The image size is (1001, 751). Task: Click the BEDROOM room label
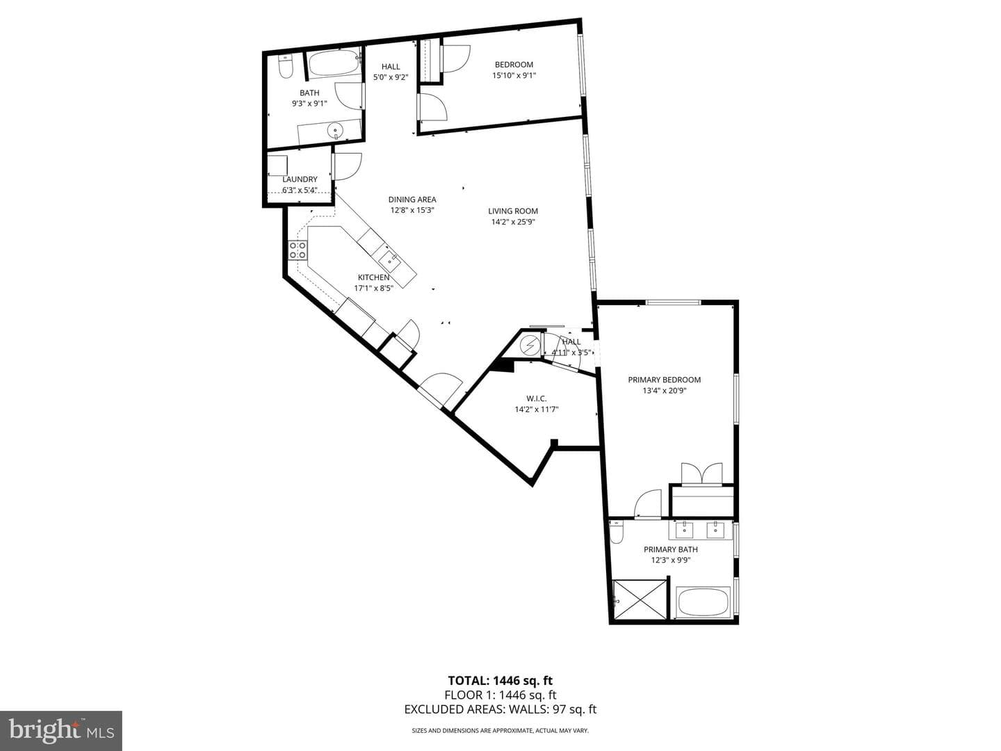[514, 65]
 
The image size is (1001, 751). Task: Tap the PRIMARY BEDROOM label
[664, 380]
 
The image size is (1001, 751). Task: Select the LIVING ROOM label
[513, 211]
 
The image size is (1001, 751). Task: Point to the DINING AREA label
[412, 200]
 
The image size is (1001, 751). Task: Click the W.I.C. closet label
[536, 398]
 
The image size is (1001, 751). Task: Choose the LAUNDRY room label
[300, 179]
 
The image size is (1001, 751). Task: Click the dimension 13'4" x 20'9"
[664, 391]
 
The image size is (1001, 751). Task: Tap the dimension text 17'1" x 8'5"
[373, 288]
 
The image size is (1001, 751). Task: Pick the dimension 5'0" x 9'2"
[391, 77]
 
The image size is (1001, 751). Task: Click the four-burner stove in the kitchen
[298, 251]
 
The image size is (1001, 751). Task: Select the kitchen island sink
[390, 260]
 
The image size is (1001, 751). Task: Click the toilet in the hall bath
[285, 67]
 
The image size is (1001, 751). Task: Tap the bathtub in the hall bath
[334, 63]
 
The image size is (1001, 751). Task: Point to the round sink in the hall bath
[336, 132]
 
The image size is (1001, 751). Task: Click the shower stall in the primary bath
[640, 599]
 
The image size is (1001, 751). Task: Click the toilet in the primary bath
[617, 533]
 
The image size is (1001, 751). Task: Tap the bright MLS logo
[61, 730]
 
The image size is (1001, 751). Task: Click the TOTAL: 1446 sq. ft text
[500, 681]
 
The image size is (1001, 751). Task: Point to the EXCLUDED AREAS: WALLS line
[500, 709]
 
